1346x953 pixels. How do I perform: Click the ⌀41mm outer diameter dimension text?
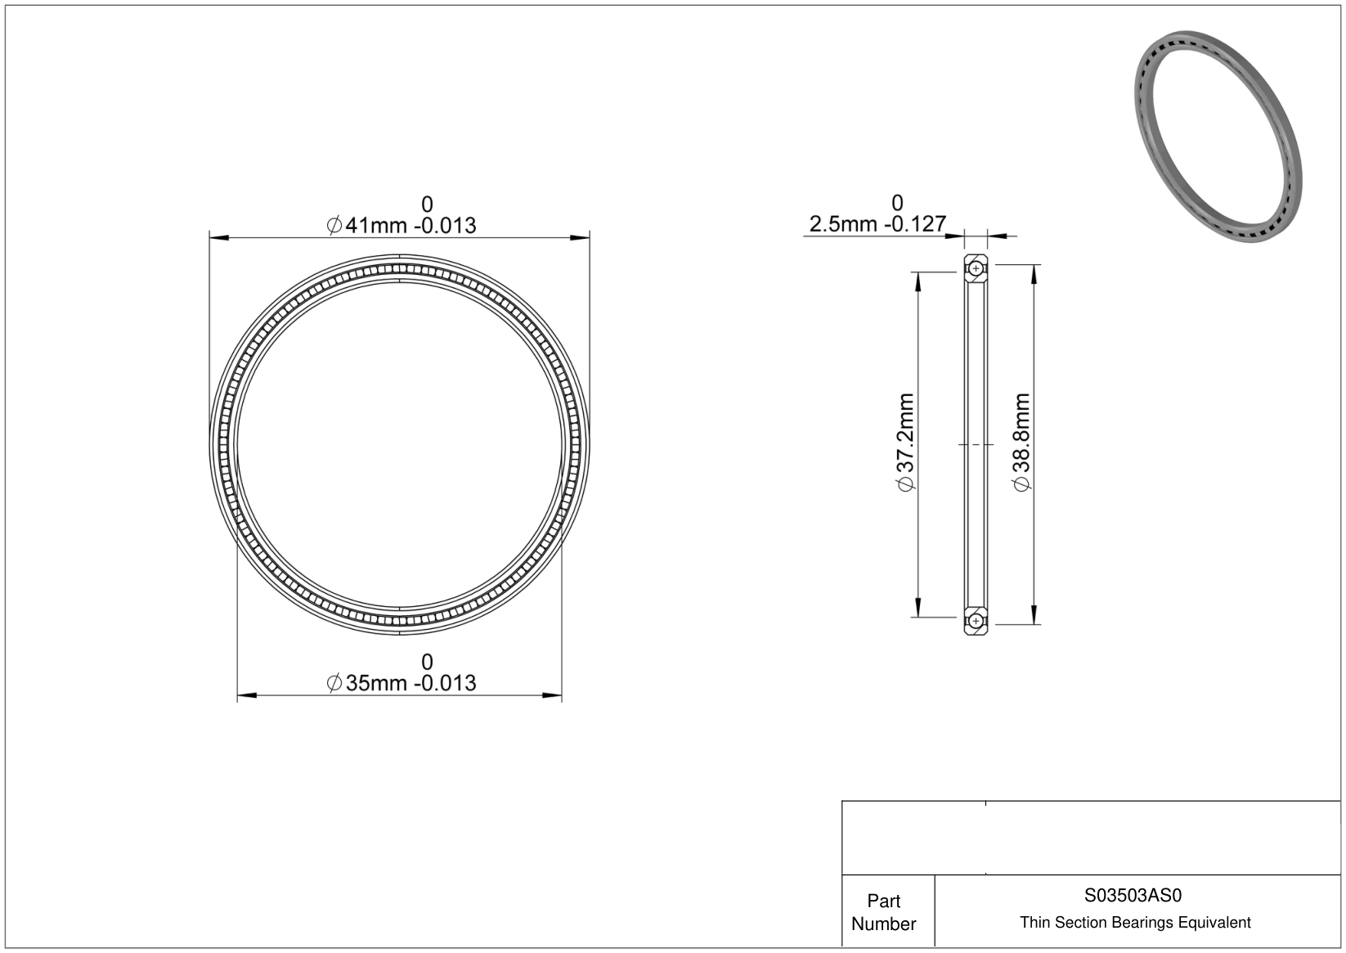401,226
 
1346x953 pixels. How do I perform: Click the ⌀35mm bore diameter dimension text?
401,683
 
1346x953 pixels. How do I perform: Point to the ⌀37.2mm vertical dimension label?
905,442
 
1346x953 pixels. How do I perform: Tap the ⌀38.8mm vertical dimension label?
1021,442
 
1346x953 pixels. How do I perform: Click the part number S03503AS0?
1133,895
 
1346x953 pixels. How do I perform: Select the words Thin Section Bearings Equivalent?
1135,923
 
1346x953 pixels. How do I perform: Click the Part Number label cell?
884,911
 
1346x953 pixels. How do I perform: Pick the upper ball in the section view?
976,269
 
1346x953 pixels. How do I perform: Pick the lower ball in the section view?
976,620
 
